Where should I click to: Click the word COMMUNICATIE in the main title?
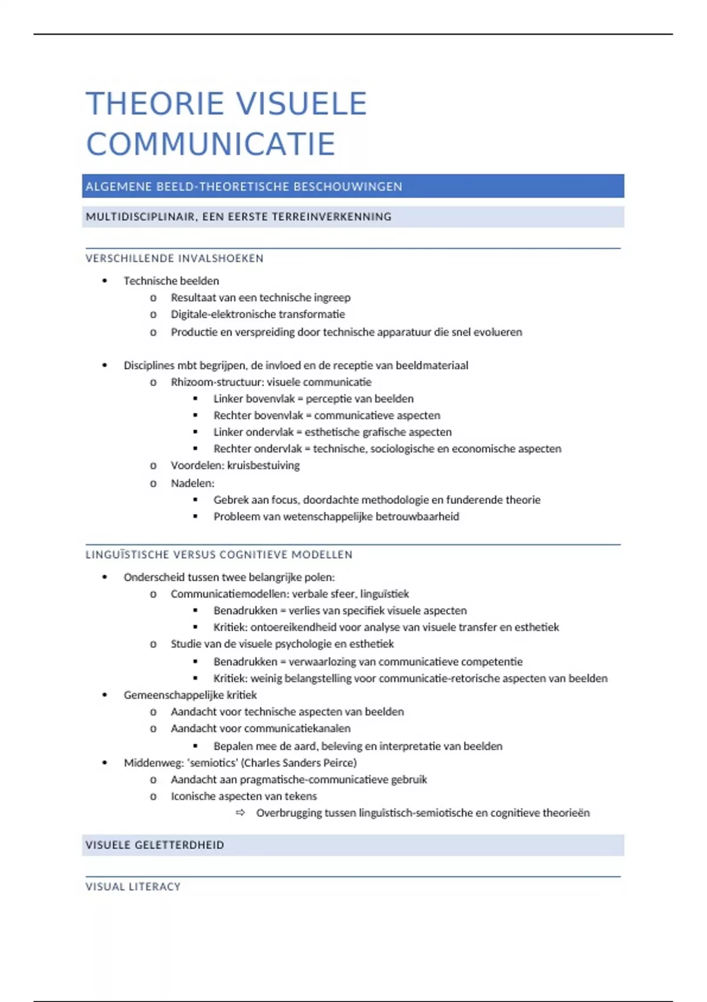(210, 144)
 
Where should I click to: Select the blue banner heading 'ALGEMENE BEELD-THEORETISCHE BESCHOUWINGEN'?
(244, 187)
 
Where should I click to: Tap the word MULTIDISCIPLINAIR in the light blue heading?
(141, 217)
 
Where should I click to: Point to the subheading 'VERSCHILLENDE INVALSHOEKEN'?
(174, 258)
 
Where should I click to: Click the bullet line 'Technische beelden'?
(171, 281)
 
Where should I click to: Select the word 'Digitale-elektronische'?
(223, 314)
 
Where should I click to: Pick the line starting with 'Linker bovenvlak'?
(313, 399)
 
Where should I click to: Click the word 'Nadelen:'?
(192, 483)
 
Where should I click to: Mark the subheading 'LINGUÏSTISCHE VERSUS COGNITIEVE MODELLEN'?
(219, 555)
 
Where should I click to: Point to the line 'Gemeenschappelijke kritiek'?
(190, 695)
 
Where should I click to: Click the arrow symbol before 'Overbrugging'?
(240, 813)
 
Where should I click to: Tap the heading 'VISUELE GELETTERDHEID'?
(154, 845)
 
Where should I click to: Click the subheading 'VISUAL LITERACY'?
(133, 886)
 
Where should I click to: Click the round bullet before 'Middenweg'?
(105, 763)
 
